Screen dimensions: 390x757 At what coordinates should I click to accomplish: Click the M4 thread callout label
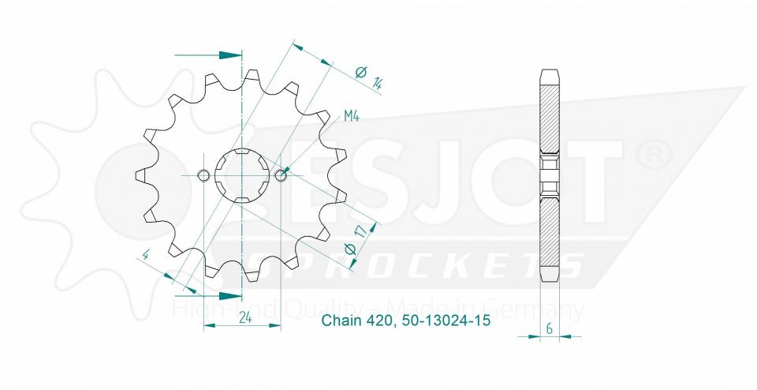352,118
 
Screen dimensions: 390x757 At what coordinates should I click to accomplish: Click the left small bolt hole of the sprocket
203,174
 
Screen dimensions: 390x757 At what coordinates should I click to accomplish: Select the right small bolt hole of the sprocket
282,174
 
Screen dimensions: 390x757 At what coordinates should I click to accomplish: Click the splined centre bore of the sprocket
243,174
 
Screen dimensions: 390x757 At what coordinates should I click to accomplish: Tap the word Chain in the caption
338,321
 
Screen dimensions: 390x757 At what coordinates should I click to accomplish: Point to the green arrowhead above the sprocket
230,55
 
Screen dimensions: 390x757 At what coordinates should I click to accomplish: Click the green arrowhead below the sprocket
230,296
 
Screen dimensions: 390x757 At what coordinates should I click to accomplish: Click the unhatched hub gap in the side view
550,174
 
